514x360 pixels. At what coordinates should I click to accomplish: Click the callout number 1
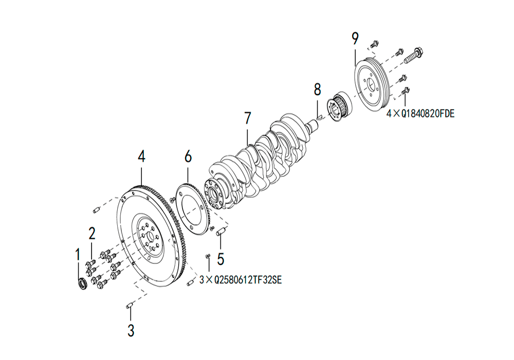pyautogui.click(x=78, y=254)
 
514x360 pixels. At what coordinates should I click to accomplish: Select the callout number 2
pyautogui.click(x=92, y=233)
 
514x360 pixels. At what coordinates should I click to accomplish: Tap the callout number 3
pyautogui.click(x=131, y=330)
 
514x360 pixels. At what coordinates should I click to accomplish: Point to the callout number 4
pyautogui.click(x=141, y=156)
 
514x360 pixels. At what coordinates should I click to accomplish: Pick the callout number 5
pyautogui.click(x=221, y=259)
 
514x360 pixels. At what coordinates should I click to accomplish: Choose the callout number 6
pyautogui.click(x=188, y=156)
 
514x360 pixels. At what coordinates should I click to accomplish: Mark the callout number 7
pyautogui.click(x=248, y=118)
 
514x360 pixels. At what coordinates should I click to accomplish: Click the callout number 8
pyautogui.click(x=317, y=89)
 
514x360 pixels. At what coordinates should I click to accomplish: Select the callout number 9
pyautogui.click(x=355, y=39)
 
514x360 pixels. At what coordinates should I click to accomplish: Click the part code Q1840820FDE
pyautogui.click(x=428, y=114)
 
